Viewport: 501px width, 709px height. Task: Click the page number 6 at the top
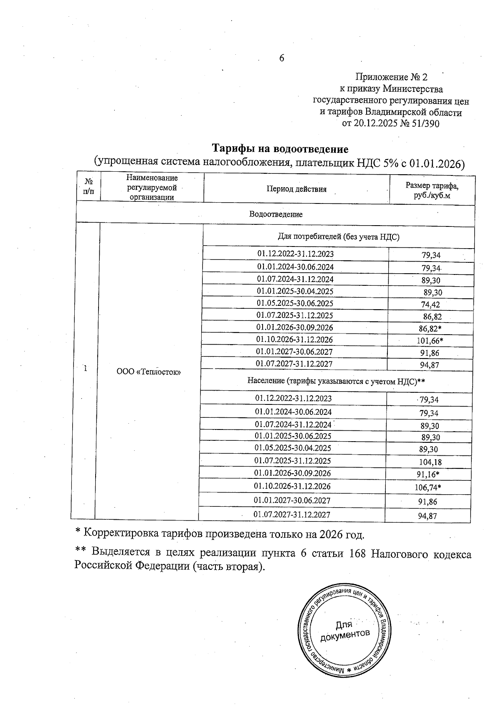[281, 58]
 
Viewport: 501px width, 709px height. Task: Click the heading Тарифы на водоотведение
[280, 149]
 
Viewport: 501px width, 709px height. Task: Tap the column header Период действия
[296, 189]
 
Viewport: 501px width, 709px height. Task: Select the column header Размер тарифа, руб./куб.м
[432, 191]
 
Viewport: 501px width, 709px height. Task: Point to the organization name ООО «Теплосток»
[149, 372]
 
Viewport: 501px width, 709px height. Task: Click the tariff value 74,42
[430, 305]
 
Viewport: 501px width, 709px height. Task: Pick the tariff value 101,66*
[430, 341]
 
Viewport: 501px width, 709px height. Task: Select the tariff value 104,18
[430, 462]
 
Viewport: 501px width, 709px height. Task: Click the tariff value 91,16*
[430, 474]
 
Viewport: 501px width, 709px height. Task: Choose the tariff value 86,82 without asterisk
[432, 317]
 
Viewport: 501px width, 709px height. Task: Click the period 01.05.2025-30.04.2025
[293, 448]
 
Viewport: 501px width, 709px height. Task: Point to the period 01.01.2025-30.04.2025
[295, 291]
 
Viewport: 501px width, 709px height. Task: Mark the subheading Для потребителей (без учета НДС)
[339, 237]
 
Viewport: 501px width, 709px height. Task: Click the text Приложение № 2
[391, 77]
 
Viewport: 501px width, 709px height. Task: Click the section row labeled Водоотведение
[276, 214]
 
